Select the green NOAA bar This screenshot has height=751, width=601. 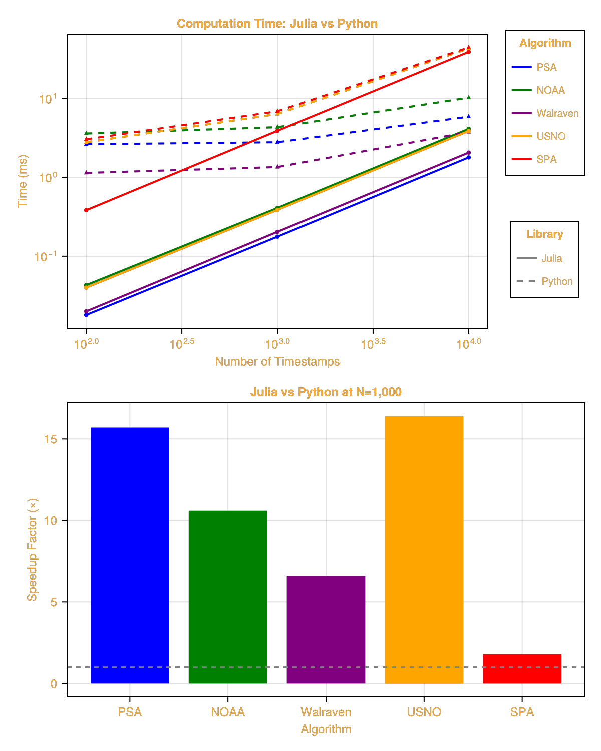point(228,597)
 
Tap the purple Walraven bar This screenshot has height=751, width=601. point(326,629)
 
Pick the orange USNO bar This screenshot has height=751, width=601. point(424,549)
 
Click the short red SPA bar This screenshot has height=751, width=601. point(522,668)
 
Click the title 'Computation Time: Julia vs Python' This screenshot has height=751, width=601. point(277,24)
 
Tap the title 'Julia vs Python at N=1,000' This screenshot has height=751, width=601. point(326,392)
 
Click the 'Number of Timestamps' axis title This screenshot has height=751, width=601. point(277,362)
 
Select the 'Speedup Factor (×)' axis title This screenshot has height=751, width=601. point(32,549)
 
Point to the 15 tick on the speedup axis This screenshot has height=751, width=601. point(51,439)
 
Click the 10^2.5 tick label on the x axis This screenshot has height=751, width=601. point(182,344)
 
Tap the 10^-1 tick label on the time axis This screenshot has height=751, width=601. point(46,257)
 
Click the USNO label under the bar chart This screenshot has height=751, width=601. point(424,712)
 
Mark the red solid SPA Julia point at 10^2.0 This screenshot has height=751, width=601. point(86,210)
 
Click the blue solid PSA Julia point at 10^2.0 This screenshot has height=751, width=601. point(86,315)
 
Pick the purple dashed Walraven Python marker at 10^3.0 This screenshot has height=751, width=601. point(277,167)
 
